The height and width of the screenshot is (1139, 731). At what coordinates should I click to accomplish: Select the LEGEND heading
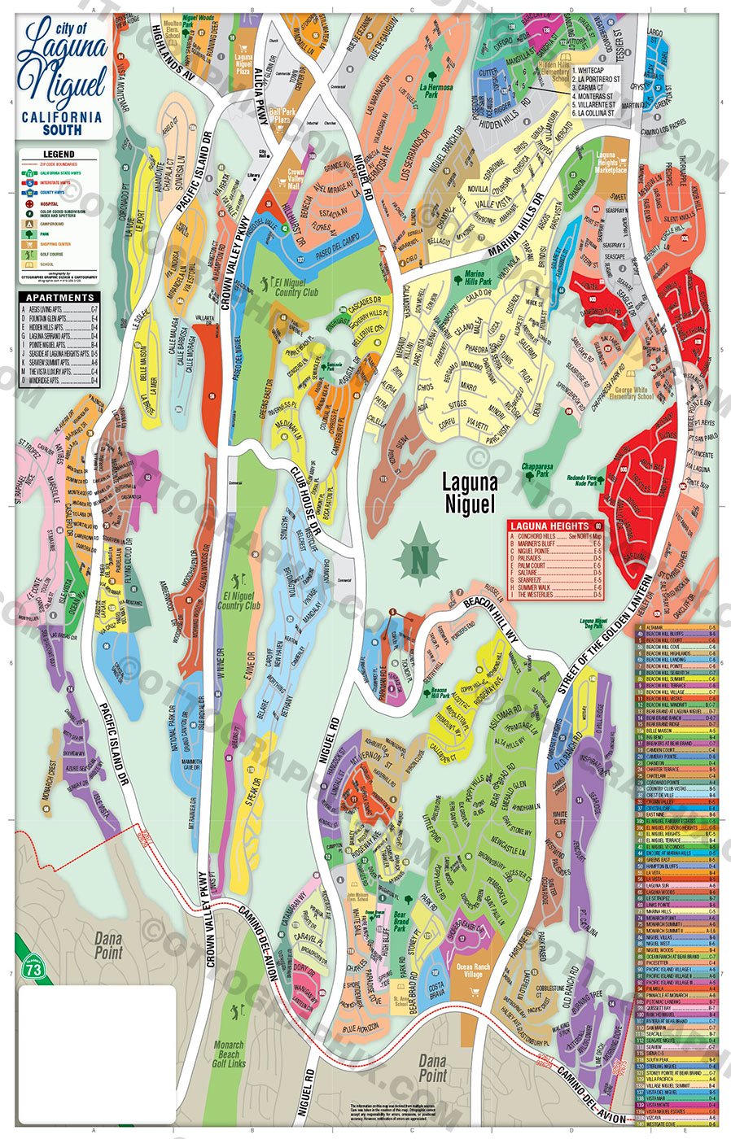tap(59, 154)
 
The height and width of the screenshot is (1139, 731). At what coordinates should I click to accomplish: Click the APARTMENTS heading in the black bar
tap(59, 298)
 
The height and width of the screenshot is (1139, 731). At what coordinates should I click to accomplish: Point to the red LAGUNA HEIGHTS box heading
tap(550, 526)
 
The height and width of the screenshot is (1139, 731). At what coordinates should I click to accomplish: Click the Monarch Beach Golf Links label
tap(229, 1055)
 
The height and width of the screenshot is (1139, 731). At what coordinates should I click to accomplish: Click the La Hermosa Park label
tap(440, 89)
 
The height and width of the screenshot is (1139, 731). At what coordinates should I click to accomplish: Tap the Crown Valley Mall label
tap(295, 178)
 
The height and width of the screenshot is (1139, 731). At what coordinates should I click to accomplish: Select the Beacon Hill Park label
tap(440, 693)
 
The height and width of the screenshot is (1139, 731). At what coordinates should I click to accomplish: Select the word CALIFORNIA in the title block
tap(62, 116)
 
